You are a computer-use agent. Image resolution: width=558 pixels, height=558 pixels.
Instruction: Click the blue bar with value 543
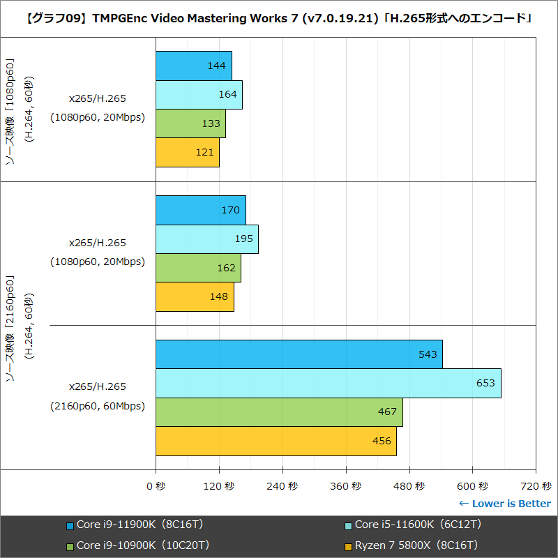click(299, 354)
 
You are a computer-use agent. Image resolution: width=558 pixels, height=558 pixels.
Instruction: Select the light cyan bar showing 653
click(328, 383)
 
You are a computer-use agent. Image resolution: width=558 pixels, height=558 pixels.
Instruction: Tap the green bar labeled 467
click(279, 412)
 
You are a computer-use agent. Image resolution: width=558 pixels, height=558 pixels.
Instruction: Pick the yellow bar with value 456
click(276, 441)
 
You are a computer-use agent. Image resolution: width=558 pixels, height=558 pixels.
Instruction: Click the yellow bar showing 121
click(187, 152)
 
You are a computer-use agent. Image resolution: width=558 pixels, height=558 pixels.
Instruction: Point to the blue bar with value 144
click(193, 66)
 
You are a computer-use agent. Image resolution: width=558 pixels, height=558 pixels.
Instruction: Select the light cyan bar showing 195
click(206, 239)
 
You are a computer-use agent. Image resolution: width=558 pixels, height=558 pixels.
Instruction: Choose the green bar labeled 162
click(198, 268)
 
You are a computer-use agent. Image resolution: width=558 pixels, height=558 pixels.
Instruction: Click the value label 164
click(227, 94)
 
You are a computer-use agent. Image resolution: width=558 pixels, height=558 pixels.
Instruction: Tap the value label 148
click(218, 296)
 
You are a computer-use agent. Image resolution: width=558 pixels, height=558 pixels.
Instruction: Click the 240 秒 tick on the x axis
click(282, 486)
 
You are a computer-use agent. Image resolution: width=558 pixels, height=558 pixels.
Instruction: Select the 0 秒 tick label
click(156, 486)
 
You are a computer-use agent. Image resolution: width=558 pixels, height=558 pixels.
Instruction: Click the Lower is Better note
click(504, 504)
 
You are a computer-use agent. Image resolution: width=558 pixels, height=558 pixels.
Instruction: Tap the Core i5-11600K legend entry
click(418, 525)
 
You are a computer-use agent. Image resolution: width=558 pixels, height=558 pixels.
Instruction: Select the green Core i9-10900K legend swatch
click(70, 546)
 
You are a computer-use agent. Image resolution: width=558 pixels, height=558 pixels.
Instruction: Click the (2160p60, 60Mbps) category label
click(97, 406)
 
